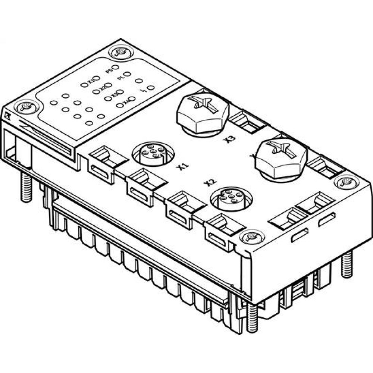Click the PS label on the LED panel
tap(109, 70)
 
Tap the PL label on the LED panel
tap(120, 78)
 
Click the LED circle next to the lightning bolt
tap(151, 88)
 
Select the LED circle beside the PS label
tap(116, 68)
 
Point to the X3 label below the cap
tap(231, 140)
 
